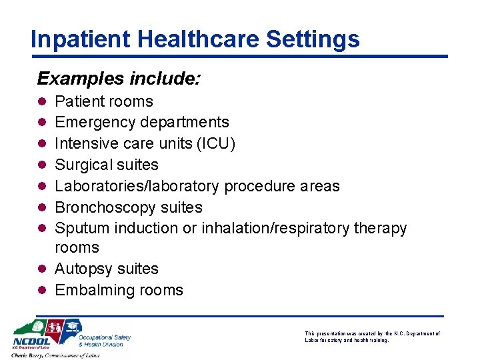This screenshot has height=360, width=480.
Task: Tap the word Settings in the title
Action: click(x=313, y=39)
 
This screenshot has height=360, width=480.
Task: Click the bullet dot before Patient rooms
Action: click(x=41, y=102)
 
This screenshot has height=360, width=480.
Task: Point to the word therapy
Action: click(x=379, y=228)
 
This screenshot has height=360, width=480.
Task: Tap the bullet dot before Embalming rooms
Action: click(x=41, y=291)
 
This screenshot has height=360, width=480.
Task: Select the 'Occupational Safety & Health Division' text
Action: click(x=104, y=340)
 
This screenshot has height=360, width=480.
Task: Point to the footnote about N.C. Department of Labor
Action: click(x=373, y=337)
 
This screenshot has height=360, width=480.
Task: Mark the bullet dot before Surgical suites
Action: click(x=41, y=165)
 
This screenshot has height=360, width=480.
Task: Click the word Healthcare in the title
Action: click(x=190, y=39)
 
